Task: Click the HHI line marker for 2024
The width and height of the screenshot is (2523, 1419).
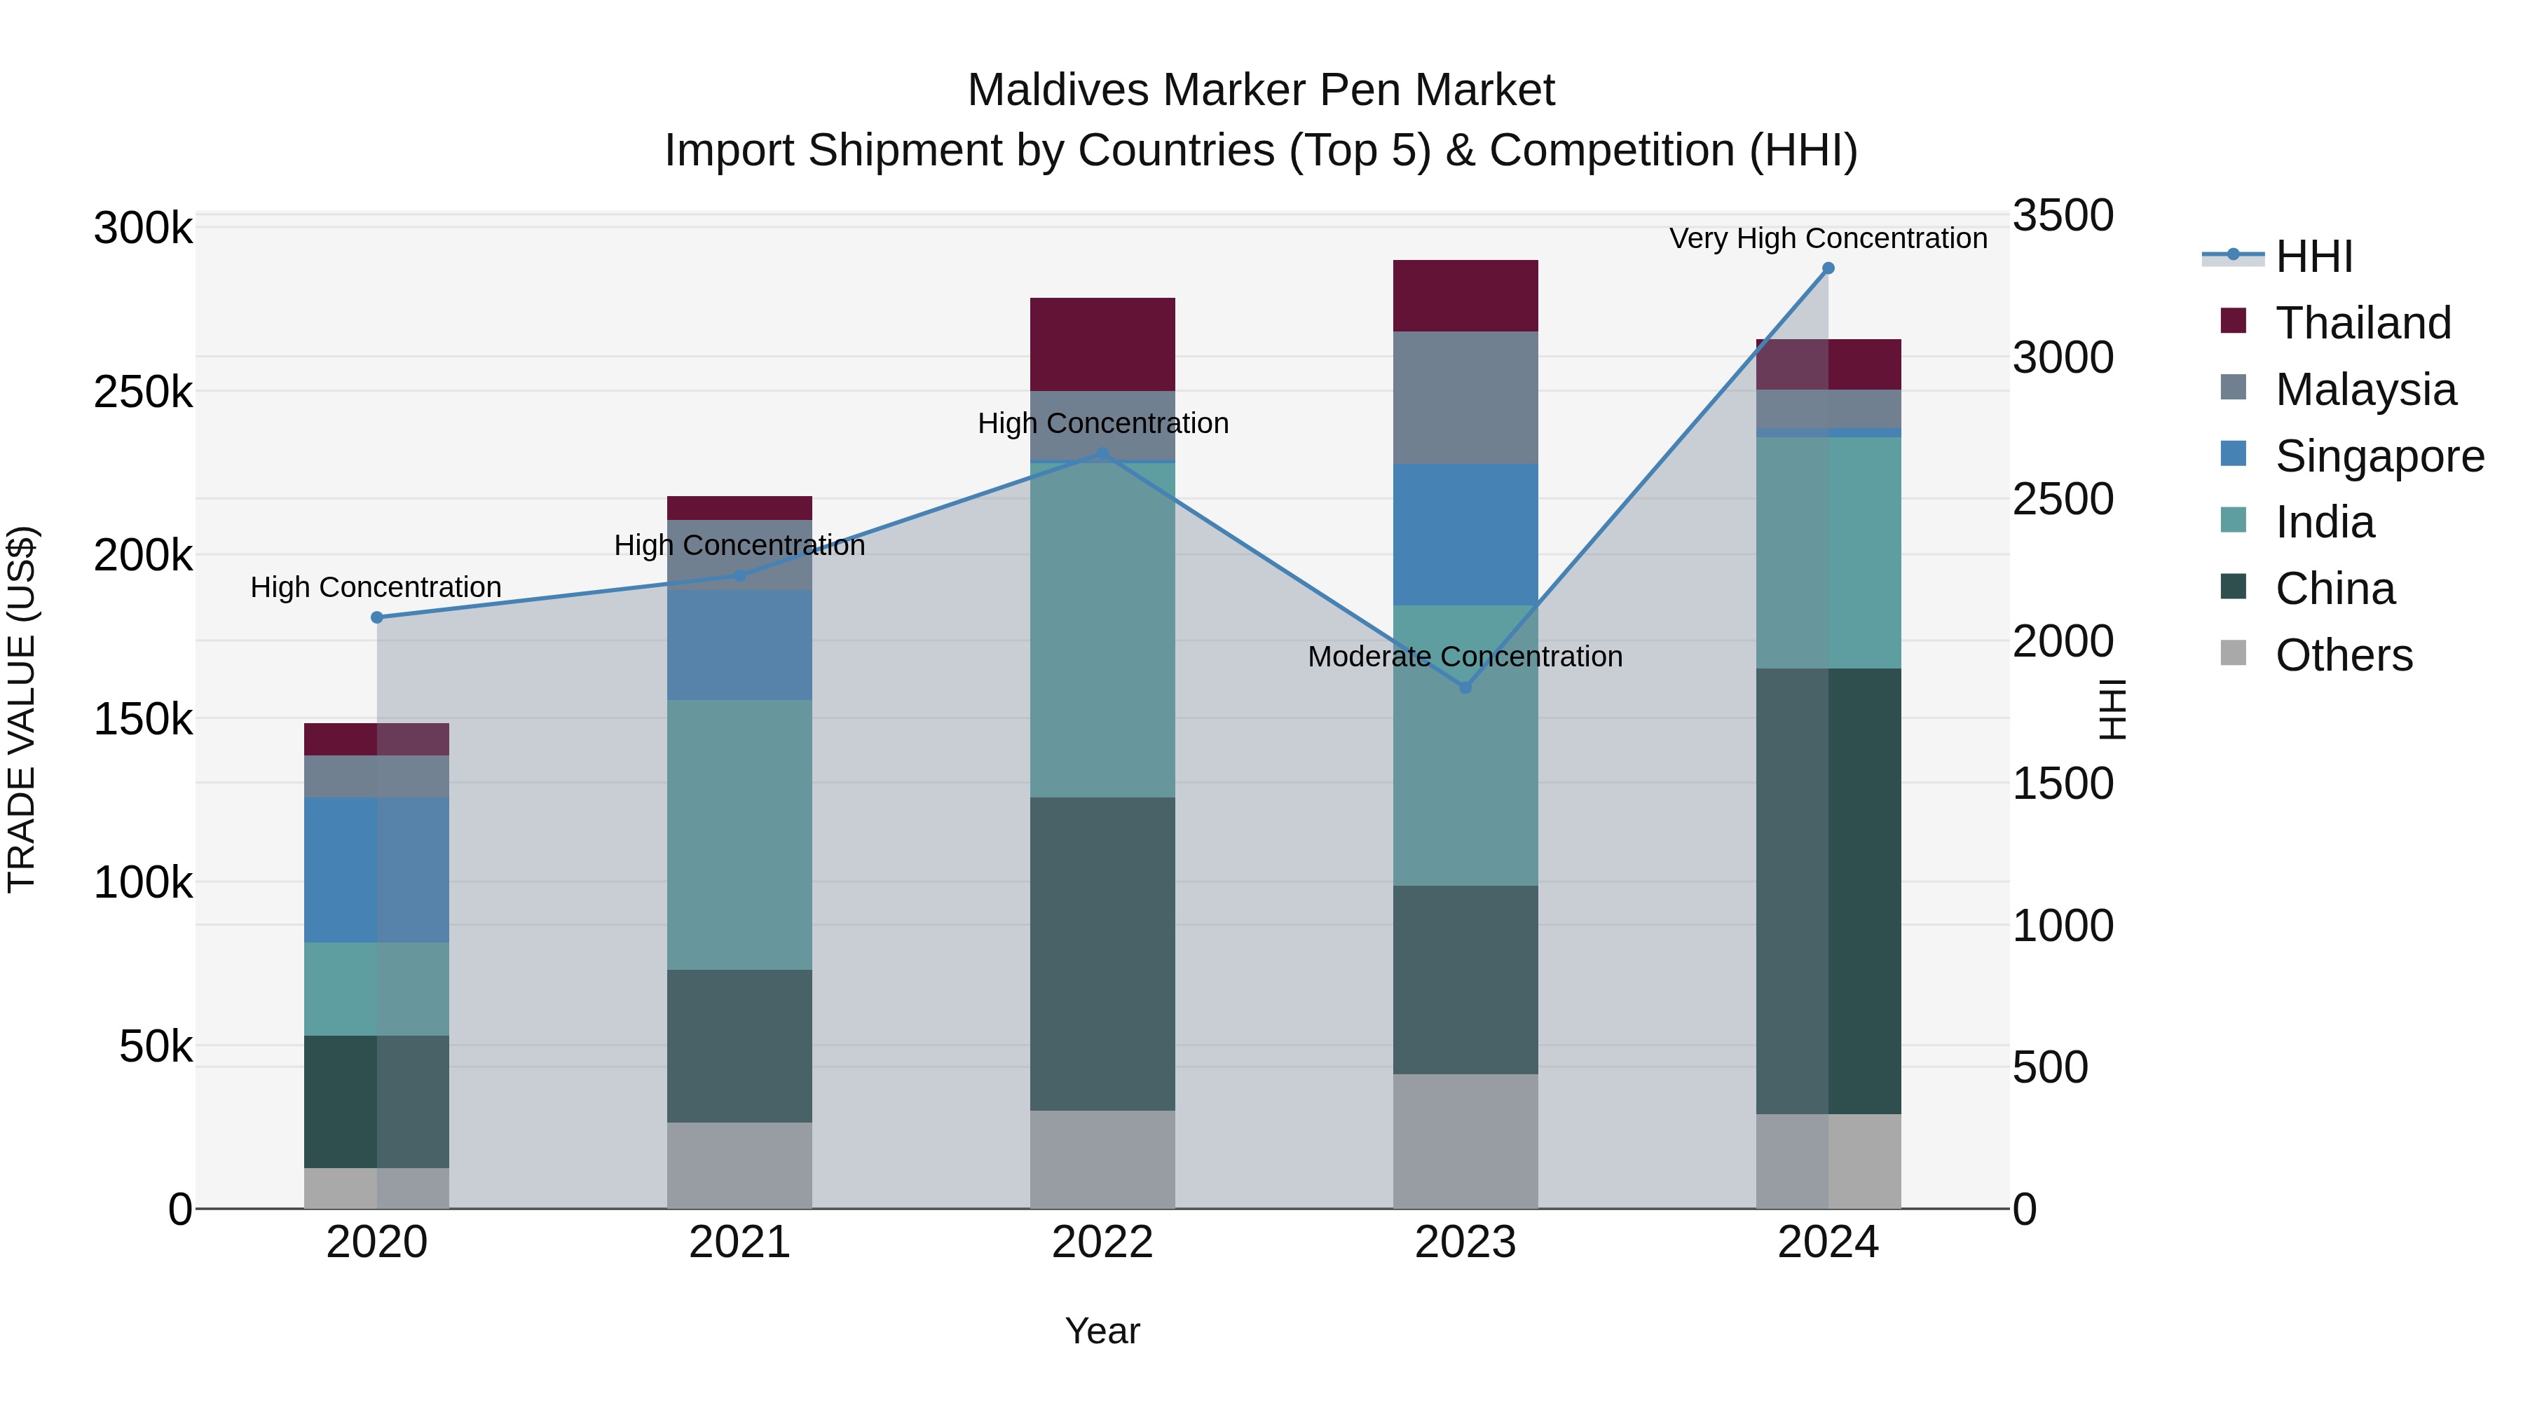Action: point(1828,268)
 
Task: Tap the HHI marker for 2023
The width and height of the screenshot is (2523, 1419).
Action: point(1465,687)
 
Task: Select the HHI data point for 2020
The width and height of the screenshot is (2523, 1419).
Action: point(377,617)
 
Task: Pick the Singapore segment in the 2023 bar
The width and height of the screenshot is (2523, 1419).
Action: point(1465,535)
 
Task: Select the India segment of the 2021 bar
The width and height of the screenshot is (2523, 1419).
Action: point(739,835)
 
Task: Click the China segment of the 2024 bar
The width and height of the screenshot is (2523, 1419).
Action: point(1828,891)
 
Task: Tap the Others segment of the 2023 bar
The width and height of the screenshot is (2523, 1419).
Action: point(1465,1141)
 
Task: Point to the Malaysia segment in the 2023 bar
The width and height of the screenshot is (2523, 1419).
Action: point(1465,397)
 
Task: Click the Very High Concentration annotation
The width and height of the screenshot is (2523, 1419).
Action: point(1828,238)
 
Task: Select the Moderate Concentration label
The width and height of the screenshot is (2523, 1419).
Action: point(1465,656)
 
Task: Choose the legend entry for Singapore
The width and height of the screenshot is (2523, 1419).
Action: point(2379,456)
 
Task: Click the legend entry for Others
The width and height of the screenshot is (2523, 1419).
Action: point(2344,655)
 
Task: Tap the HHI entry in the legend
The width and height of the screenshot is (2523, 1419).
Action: point(2313,256)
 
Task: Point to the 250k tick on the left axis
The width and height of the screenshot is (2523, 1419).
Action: point(143,392)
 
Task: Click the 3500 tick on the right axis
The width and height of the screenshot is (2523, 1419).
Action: point(2063,215)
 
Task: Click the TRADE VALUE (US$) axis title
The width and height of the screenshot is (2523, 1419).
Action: point(22,709)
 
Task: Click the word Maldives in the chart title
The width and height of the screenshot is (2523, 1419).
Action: point(1038,90)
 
